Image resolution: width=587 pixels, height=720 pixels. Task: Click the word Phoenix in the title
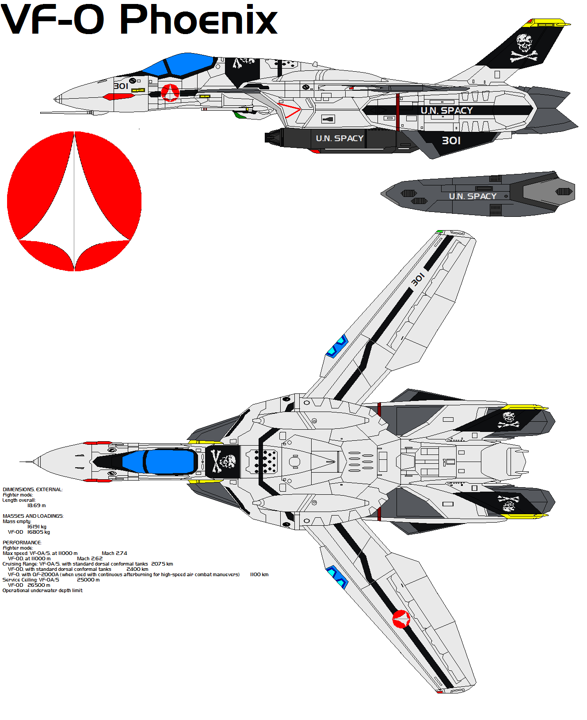pyautogui.click(x=198, y=20)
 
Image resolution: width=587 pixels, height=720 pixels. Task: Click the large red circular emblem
pyautogui.click(x=74, y=201)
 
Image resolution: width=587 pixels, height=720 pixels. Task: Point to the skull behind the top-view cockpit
pyautogui.click(x=223, y=462)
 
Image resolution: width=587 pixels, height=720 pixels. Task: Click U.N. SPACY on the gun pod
pyautogui.click(x=339, y=139)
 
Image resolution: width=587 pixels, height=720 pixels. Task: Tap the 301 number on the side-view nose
pyautogui.click(x=121, y=86)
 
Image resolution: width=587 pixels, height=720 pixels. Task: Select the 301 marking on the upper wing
pyautogui.click(x=418, y=279)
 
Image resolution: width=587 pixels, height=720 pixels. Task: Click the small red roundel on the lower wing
pyautogui.click(x=401, y=619)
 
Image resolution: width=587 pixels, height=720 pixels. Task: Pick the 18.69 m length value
pyautogui.click(x=36, y=505)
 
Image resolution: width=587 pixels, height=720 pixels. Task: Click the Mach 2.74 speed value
pyautogui.click(x=114, y=553)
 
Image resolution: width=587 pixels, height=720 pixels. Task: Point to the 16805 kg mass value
pyautogui.click(x=38, y=532)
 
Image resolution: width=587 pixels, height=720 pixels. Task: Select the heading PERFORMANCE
pyautogui.click(x=22, y=543)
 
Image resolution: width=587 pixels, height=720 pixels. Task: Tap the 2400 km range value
pyautogui.click(x=137, y=569)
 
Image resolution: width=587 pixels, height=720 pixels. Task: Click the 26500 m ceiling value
pyautogui.click(x=38, y=585)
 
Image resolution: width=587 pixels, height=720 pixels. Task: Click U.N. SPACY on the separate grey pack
pyautogui.click(x=473, y=196)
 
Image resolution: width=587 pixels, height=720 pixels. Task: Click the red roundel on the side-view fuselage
pyautogui.click(x=170, y=92)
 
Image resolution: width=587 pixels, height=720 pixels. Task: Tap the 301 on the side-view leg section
pyautogui.click(x=451, y=141)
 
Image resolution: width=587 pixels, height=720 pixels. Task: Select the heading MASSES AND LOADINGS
pyautogui.click(x=33, y=516)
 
